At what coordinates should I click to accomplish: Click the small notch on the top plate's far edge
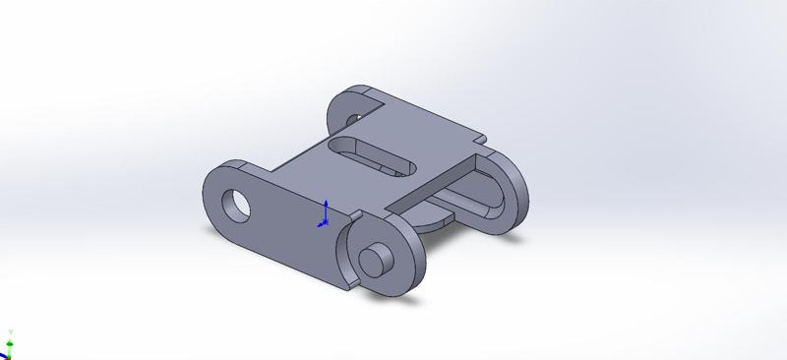point(479,136)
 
